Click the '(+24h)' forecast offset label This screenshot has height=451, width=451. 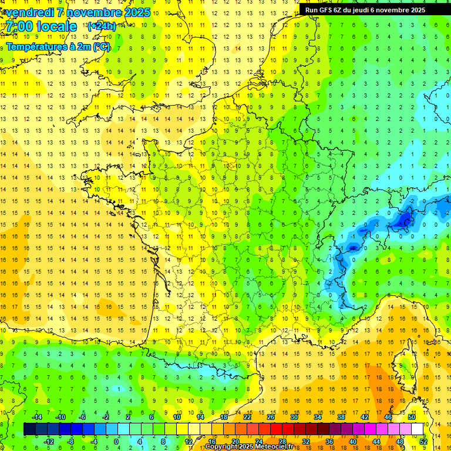pos(101,26)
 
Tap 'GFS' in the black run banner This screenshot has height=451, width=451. pos(328,10)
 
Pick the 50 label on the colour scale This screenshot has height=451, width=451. pos(412,417)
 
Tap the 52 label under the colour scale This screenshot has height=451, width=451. pos(423,442)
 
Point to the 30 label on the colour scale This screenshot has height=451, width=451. pos(294,417)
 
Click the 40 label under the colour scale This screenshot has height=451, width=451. pos(353,442)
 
